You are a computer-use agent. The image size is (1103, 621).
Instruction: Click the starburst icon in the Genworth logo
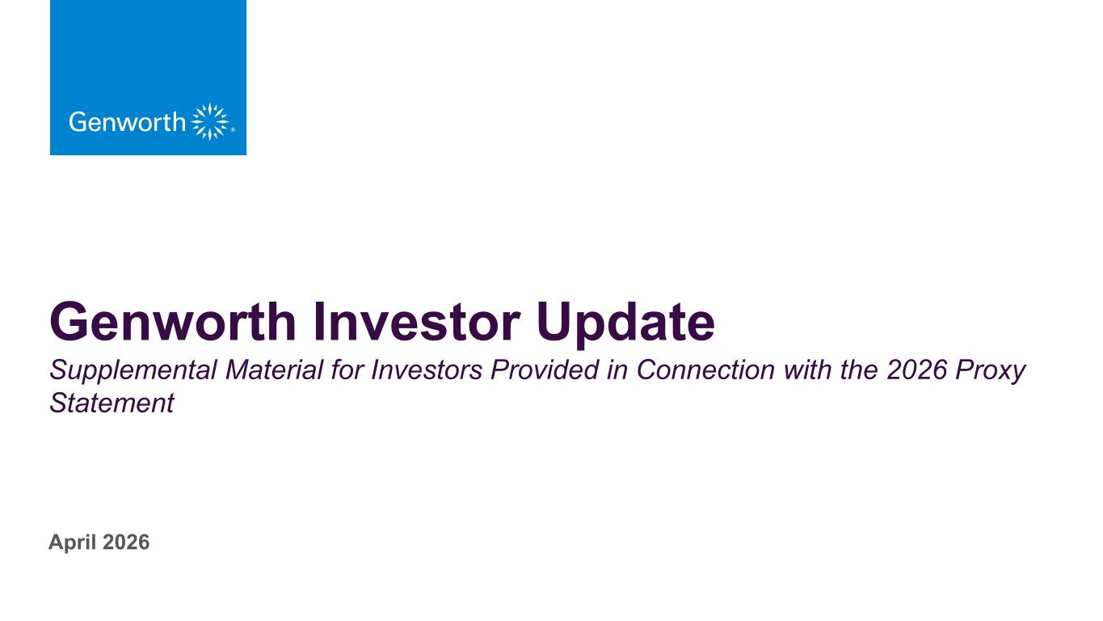[x=210, y=121]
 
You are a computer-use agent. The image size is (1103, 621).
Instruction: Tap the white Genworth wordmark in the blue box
[x=127, y=122]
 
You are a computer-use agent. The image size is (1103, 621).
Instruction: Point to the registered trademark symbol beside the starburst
[x=233, y=130]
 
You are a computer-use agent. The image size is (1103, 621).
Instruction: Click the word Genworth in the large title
[x=173, y=322]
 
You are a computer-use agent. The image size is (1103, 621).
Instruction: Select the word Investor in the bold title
[x=417, y=322]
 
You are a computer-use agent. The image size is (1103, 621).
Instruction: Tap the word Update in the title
[x=626, y=323]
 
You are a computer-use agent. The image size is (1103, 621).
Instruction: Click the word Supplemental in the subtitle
[x=133, y=370]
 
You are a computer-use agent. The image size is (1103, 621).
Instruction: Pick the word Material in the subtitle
[x=274, y=370]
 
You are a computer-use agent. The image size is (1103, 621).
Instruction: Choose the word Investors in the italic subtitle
[x=427, y=370]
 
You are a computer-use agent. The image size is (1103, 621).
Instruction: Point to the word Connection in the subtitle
[x=705, y=370]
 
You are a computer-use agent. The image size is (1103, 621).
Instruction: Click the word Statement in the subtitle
[x=112, y=403]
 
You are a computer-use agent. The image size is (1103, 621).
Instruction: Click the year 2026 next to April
[x=127, y=542]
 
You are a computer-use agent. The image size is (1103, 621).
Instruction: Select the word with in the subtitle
[x=807, y=370]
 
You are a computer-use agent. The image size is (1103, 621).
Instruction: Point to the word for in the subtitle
[x=347, y=370]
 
